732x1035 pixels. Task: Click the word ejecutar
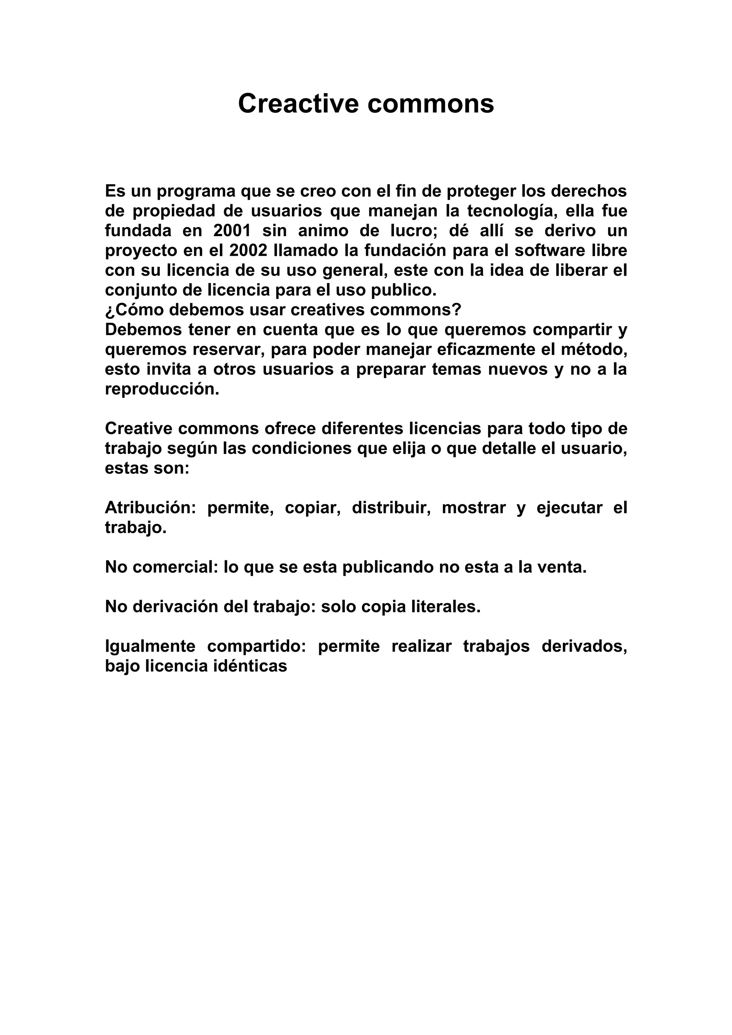click(569, 508)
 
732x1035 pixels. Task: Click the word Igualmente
click(150, 646)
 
